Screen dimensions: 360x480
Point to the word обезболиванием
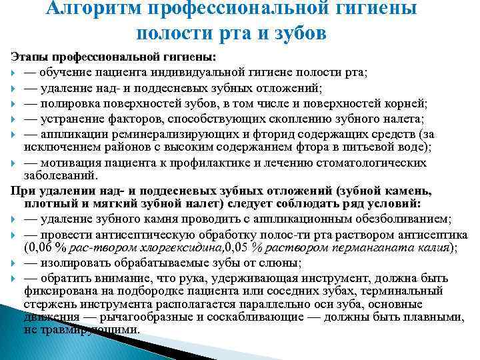(x=403, y=220)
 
